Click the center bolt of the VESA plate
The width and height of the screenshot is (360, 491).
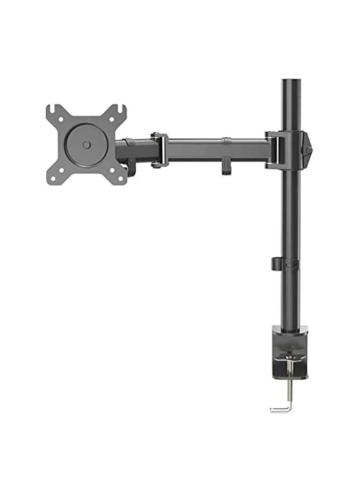pos(86,145)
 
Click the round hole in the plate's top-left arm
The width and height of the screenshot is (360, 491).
pos(61,119)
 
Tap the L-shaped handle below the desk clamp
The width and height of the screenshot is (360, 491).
pos(280,408)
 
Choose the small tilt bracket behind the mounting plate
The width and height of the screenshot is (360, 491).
pos(131,168)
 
